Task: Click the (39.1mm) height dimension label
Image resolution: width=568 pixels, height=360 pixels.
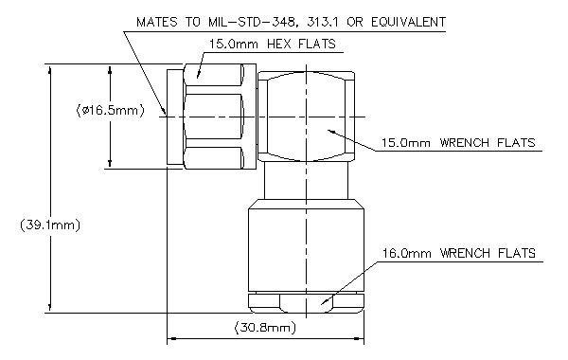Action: (50, 225)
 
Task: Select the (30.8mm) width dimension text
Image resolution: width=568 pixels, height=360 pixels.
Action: (265, 328)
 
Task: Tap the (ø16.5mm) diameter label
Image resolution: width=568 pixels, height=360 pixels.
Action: (111, 110)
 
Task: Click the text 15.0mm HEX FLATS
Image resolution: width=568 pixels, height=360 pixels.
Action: (273, 45)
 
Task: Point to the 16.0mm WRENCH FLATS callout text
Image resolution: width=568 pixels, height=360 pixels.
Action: (459, 253)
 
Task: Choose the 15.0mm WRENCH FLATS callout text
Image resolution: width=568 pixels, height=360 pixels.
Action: (458, 142)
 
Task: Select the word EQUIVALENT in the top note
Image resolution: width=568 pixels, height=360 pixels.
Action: (409, 22)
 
